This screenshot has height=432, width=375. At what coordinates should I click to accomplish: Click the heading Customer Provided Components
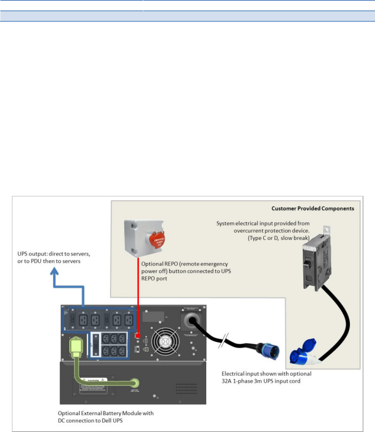coord(312,208)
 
